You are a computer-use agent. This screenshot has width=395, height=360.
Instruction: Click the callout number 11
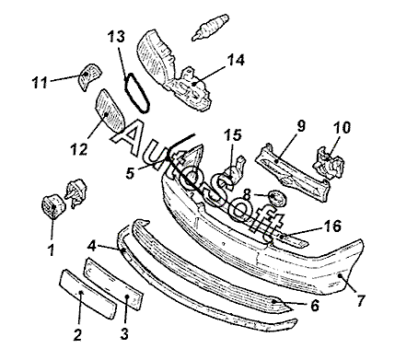click(40, 83)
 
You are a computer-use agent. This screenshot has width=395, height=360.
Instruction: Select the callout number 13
click(116, 37)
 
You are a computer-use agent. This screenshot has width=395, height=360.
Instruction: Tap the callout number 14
click(236, 60)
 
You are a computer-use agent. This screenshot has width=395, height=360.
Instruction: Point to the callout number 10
click(342, 127)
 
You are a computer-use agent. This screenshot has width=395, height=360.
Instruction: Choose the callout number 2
click(77, 334)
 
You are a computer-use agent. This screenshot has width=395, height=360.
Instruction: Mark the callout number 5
click(130, 173)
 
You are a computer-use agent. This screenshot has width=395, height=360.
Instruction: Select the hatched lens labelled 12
click(110, 110)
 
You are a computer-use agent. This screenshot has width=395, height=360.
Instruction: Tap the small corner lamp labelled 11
click(89, 76)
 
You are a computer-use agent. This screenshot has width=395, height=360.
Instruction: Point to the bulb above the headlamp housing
click(211, 27)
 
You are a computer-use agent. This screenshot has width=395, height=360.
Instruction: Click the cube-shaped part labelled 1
click(52, 206)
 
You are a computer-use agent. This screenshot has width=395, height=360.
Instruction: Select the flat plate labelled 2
click(88, 294)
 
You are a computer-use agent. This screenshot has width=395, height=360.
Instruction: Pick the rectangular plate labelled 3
click(114, 284)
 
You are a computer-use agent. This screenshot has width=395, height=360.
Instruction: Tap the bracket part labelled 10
click(329, 163)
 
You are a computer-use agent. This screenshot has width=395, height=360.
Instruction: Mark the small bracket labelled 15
click(235, 172)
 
